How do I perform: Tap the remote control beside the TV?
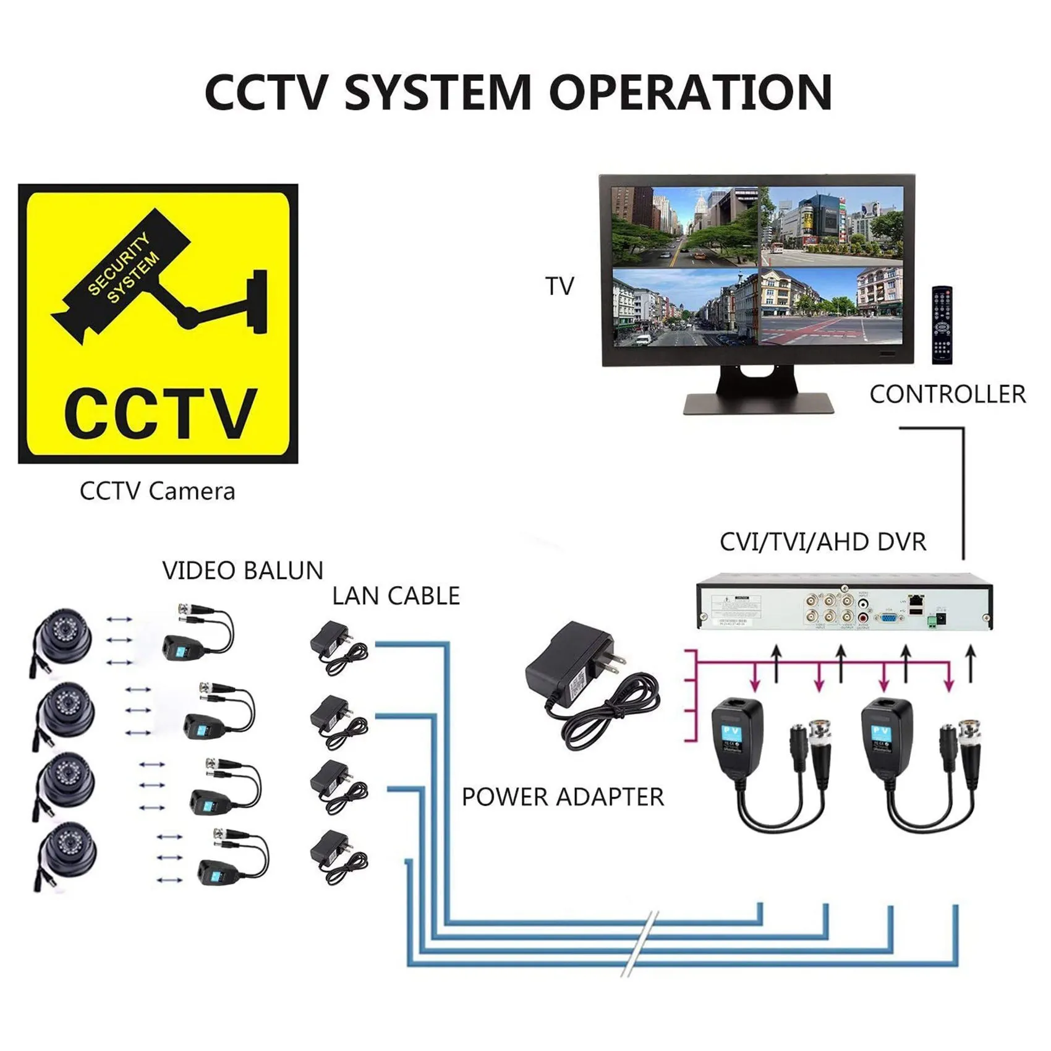(942, 325)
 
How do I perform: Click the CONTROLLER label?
(947, 394)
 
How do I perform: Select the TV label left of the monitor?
(560, 286)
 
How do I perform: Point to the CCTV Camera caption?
(157, 491)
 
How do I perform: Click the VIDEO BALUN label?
(242, 571)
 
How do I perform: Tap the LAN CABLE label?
(396, 596)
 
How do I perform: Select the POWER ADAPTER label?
(563, 797)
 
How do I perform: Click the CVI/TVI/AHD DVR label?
(823, 542)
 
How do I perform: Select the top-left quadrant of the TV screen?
(684, 226)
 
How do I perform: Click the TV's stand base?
(758, 403)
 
